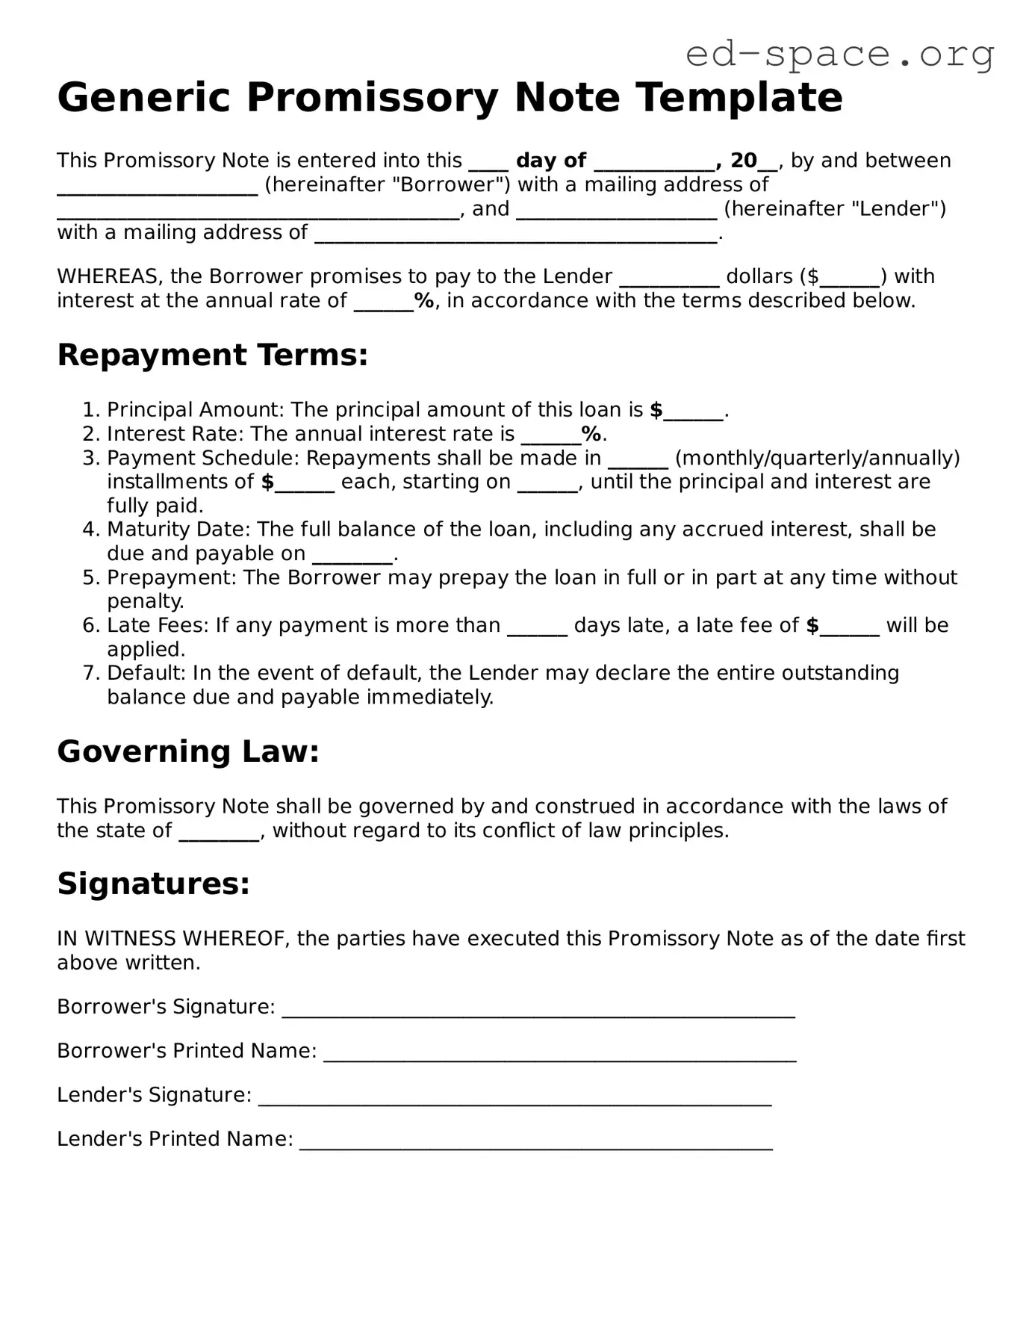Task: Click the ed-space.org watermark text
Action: pos(839,54)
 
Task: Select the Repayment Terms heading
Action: pos(212,355)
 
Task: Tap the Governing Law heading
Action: pos(188,751)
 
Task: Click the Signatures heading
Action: pos(153,884)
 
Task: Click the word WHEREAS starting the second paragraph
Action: pos(109,277)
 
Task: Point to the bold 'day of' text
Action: pos(550,161)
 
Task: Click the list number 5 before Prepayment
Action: pos(90,577)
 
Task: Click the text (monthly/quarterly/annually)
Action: pos(817,458)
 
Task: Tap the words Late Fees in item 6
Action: pos(158,625)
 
